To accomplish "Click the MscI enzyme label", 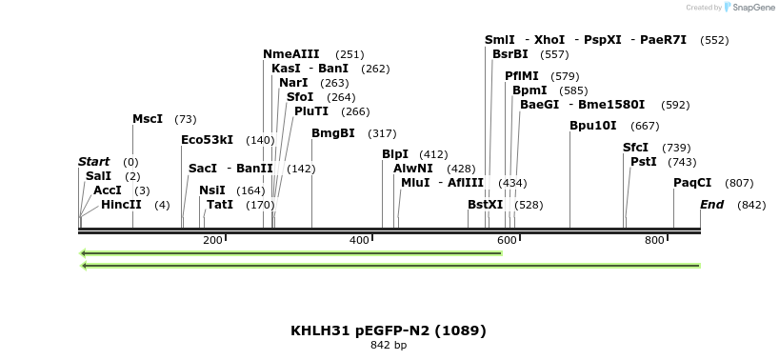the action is pos(148,119).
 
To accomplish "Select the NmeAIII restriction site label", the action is pos(290,54).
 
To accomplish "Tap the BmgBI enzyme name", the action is pos(332,133).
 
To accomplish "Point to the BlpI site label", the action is pos(395,153).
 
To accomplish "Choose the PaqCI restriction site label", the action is pos(692,183).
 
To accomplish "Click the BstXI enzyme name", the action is pos(485,205).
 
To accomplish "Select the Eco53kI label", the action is pos(207,140).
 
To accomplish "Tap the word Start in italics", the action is pos(93,162).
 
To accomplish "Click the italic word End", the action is pos(711,205).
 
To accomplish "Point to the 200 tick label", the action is pos(212,240).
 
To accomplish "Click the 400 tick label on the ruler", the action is pos(360,240).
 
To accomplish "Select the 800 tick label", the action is pos(654,240).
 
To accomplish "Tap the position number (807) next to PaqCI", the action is pos(739,183).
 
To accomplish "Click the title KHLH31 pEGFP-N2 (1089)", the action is pos(389,330).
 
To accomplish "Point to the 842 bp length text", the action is pos(389,345).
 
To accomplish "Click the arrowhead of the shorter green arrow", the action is pos(84,253).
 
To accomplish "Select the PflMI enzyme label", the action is pos(521,75).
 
